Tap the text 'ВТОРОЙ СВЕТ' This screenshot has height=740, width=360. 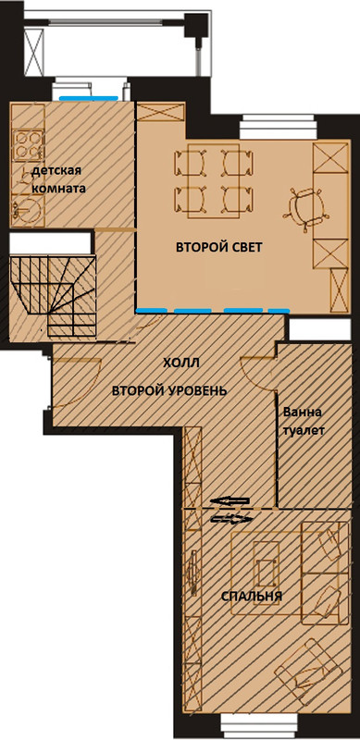point(220,247)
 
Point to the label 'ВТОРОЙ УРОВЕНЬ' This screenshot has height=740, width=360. point(168,389)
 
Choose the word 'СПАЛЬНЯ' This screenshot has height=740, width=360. point(251,595)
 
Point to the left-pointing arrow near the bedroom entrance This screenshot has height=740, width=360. point(231,502)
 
